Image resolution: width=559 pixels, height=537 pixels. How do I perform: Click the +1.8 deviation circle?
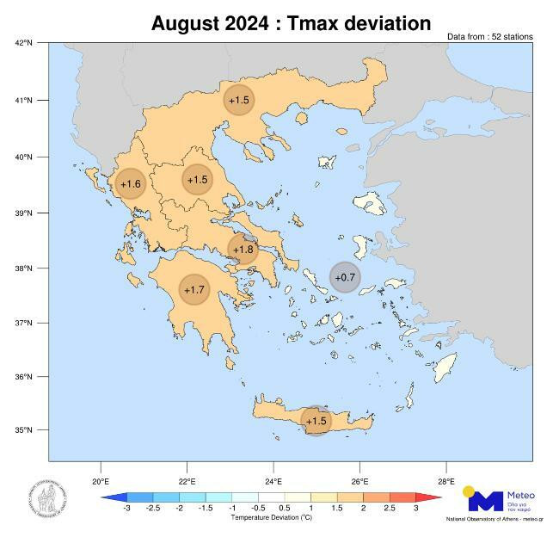tap(243, 250)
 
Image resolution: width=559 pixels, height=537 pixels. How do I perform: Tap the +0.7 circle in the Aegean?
tap(345, 276)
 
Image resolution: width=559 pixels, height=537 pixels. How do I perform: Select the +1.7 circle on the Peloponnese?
tap(194, 289)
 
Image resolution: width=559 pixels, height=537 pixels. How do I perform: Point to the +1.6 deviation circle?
tap(130, 183)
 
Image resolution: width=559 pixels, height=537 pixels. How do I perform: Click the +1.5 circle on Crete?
tap(316, 420)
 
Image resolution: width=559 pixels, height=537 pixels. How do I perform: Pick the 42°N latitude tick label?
tap(23, 42)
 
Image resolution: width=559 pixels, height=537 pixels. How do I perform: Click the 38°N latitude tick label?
tap(23, 268)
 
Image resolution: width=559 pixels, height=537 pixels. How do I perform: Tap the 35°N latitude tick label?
tap(23, 429)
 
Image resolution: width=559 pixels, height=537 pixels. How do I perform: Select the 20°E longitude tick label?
tap(101, 481)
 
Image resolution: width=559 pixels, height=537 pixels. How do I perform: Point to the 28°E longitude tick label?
tap(445, 481)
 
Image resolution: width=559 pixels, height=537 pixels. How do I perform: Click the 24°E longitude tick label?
tap(273, 481)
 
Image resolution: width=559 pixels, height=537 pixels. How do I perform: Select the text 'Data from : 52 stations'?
tap(489, 37)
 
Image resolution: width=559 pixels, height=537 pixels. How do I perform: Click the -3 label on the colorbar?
tap(126, 509)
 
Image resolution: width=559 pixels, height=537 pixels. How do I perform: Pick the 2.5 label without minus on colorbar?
tap(389, 509)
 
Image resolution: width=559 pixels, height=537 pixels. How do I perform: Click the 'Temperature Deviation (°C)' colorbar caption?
tap(271, 518)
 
